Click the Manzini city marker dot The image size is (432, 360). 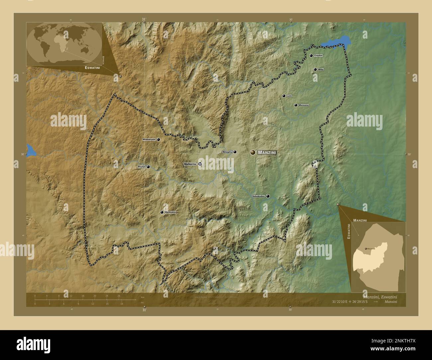(253, 152)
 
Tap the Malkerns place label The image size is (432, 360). (190, 164)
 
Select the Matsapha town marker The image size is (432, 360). (235, 152)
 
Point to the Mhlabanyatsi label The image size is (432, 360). (149, 140)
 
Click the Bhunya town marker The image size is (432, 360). (148, 167)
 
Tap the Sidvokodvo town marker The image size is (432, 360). (268, 196)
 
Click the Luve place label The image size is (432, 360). (289, 96)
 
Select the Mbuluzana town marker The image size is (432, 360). (295, 105)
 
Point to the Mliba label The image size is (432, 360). (320, 69)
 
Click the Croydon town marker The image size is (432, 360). (311, 56)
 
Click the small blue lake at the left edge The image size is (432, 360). (30, 151)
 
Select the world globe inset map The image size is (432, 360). (64, 43)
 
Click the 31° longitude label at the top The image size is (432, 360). (144, 20)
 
